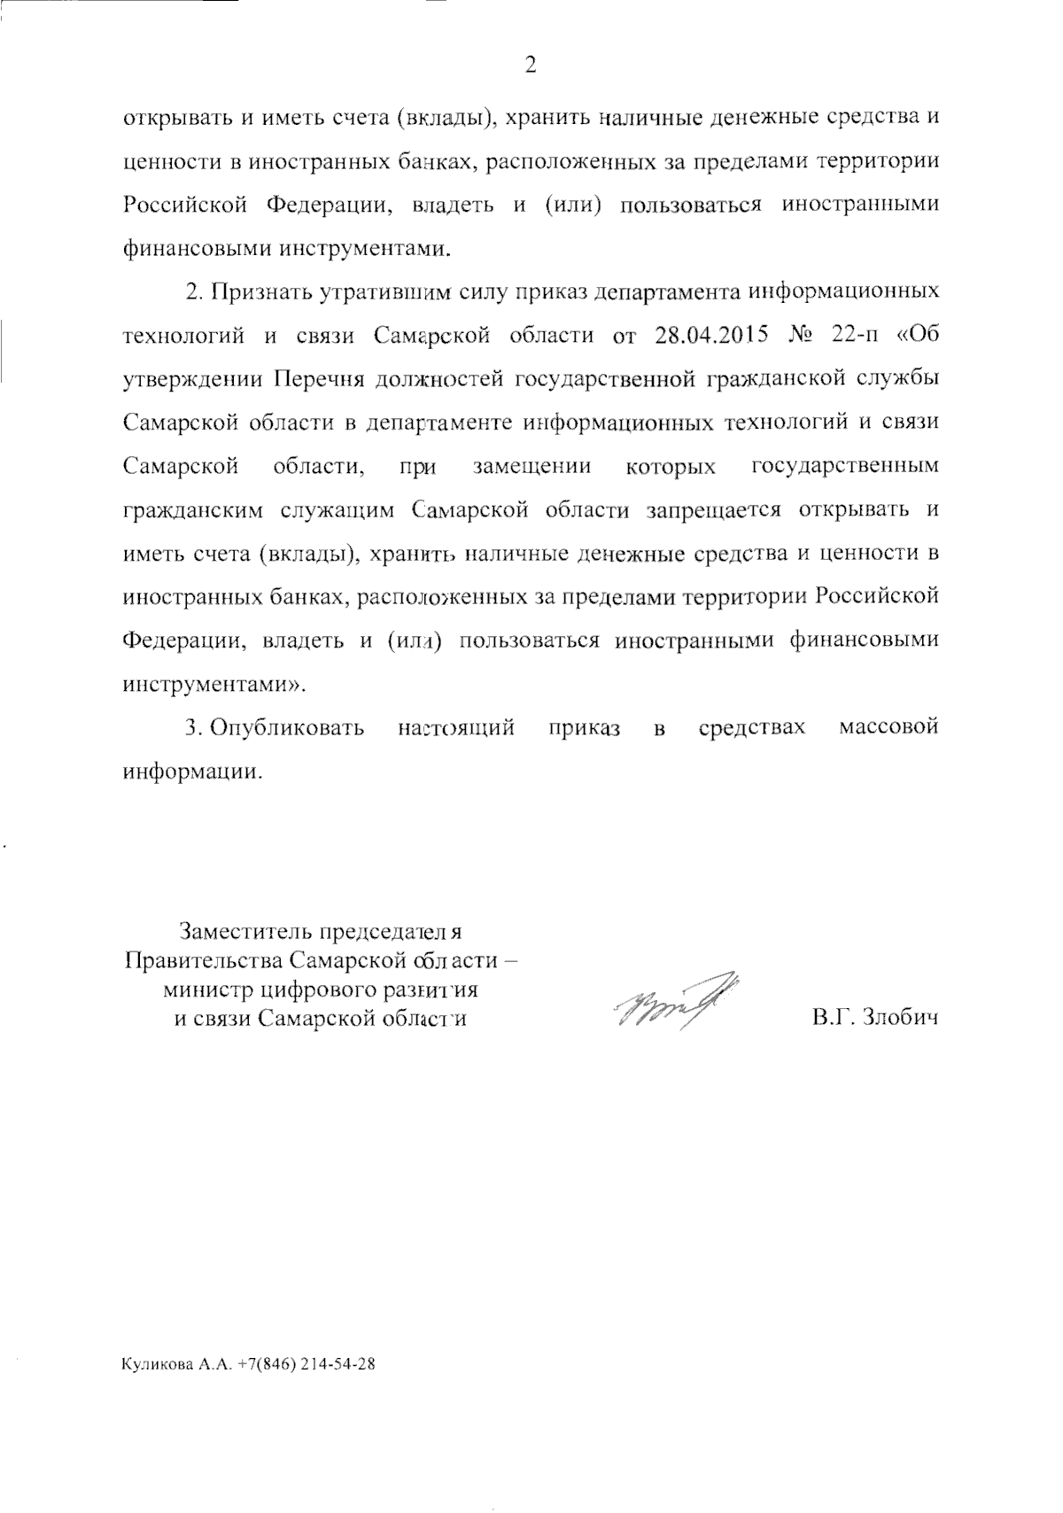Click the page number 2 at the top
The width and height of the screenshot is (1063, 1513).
coord(531,65)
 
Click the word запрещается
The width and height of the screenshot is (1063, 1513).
coord(715,510)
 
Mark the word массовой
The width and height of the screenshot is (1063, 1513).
coord(888,728)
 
